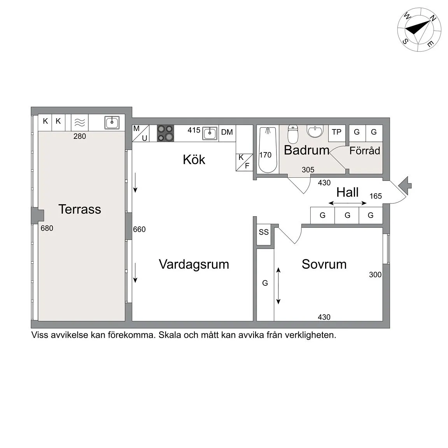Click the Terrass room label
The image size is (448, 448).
(80, 209)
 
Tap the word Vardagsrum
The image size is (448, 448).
(194, 264)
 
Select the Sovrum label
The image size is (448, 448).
(324, 264)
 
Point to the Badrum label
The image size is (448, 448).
(306, 150)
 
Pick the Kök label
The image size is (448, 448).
(194, 159)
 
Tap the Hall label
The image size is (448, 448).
(347, 192)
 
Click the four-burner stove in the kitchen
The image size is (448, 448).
(166, 133)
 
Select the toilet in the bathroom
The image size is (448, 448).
(293, 134)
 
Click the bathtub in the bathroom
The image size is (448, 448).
(268, 150)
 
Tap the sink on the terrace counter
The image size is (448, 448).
(112, 122)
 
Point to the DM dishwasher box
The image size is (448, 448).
(227, 133)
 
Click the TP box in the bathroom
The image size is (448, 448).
(337, 133)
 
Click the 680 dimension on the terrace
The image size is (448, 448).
(47, 228)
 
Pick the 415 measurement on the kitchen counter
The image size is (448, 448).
(194, 130)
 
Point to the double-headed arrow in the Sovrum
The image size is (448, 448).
(278, 286)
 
